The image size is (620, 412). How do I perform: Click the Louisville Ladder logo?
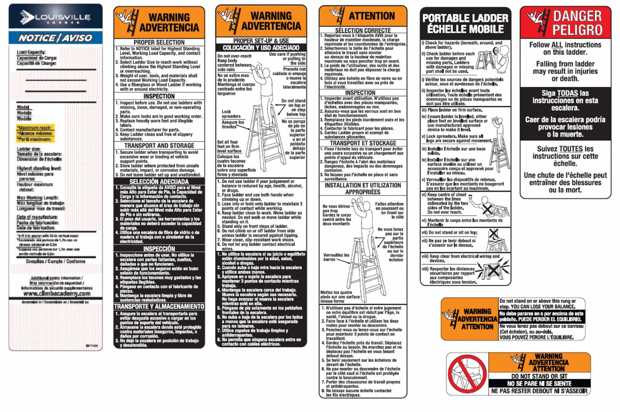55,17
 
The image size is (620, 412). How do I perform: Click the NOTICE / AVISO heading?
55,38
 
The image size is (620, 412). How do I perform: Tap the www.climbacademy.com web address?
57,293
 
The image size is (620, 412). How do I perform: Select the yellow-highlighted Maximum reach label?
35,128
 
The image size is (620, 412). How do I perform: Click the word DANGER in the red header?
577,16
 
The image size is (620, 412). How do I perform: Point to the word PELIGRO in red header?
577,30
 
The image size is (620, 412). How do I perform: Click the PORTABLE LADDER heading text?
465,18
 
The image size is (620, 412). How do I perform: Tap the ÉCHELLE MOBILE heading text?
465,29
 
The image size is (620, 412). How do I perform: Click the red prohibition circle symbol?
467,374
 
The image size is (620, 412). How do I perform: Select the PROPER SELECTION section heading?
159,42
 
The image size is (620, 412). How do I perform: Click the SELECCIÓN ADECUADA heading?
159,182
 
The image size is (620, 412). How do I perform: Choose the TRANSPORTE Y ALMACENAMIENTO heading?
159,307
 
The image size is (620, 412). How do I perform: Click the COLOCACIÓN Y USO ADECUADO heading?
261,48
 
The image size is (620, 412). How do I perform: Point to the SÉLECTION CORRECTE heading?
363,30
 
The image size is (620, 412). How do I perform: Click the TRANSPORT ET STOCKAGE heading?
363,143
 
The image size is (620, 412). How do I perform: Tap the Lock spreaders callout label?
231,114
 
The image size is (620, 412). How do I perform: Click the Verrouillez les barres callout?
336,257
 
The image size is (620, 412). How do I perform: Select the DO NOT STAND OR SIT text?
539,376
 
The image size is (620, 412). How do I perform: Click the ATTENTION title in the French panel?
372,16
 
